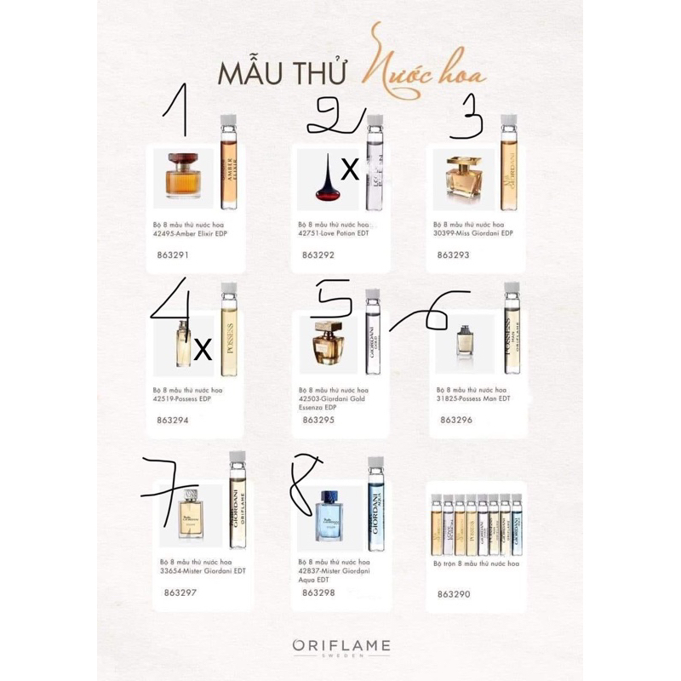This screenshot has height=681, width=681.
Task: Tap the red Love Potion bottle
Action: pos(323,179)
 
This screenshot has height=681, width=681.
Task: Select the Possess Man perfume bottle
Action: pos(466,342)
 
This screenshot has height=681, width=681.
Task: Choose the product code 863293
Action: pos(454,254)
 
